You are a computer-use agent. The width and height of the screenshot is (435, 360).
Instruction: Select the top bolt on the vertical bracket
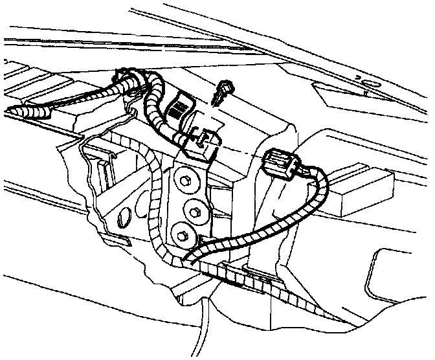point(184,181)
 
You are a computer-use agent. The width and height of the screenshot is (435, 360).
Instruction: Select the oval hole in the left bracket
point(126,214)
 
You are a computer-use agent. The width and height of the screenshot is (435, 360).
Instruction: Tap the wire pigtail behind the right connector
point(311,170)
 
